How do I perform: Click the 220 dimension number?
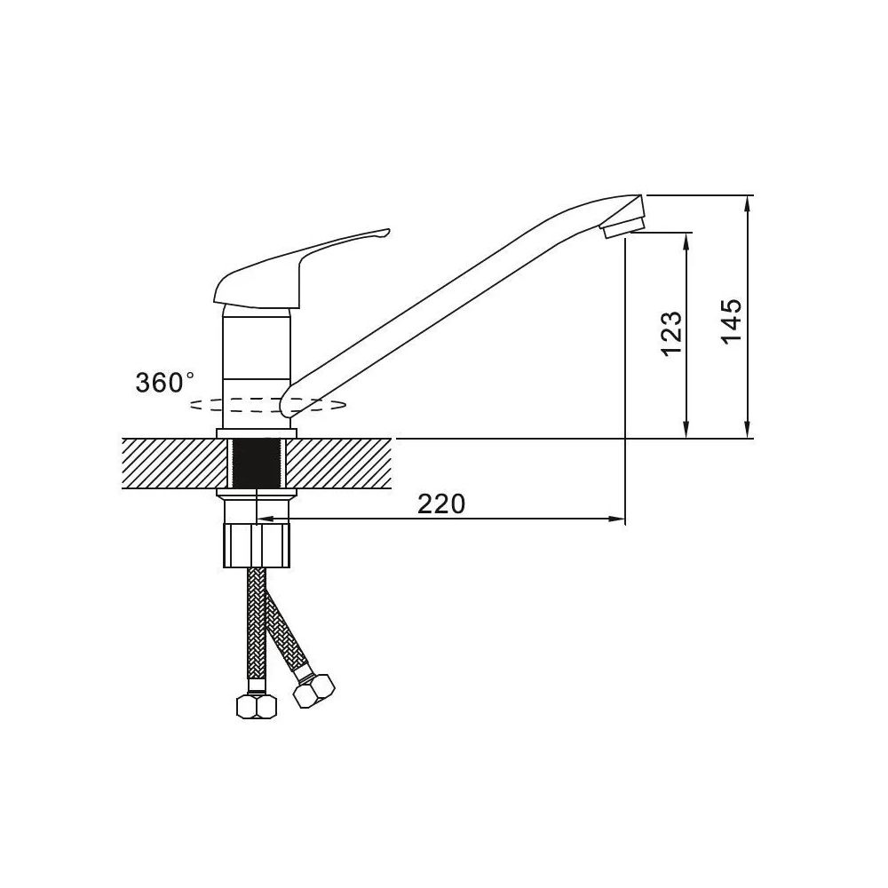point(441,503)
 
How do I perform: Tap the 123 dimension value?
point(671,334)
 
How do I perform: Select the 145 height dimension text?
point(732,321)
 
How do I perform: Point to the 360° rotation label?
point(164,382)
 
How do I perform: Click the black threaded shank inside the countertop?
point(258,464)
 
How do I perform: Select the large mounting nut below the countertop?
point(258,546)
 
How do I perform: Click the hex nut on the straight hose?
point(257,706)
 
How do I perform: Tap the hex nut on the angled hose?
point(314,691)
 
